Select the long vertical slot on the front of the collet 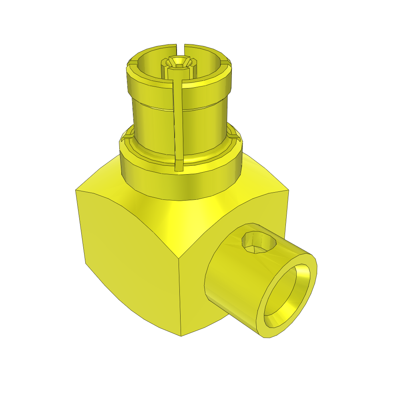coord(179,120)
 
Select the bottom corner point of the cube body coord(181,336)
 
